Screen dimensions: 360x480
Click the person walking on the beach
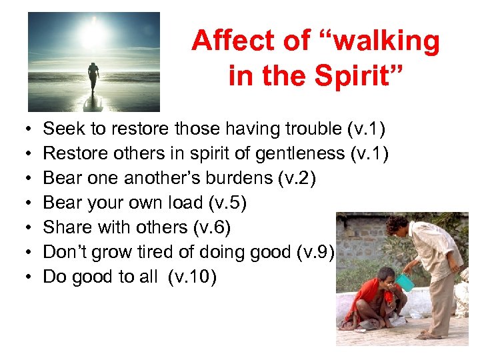(93, 77)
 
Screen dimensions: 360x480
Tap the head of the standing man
(397, 225)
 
